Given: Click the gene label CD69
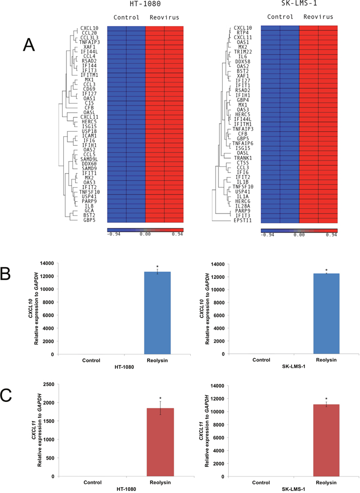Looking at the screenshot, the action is [89, 89].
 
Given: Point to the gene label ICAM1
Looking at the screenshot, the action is [89, 136].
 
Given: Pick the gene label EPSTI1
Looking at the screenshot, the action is [243, 220].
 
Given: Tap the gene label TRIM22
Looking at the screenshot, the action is [243, 51].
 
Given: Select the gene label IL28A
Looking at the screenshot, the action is [243, 206].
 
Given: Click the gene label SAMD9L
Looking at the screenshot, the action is [89, 159].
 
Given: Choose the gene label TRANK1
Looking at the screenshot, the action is [243, 158].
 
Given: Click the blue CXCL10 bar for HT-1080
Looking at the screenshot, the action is [157, 313].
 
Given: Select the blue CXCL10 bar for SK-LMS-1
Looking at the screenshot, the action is [327, 314].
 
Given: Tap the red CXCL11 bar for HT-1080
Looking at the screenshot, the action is [160, 442].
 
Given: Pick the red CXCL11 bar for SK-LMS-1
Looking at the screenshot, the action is [327, 441].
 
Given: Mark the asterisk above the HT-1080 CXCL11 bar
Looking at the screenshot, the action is [160, 398].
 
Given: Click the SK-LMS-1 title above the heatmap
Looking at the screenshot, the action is [299, 4].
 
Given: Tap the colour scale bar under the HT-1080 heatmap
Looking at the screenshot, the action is [145, 230].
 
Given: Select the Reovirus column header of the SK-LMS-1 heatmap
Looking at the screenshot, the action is [318, 16].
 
